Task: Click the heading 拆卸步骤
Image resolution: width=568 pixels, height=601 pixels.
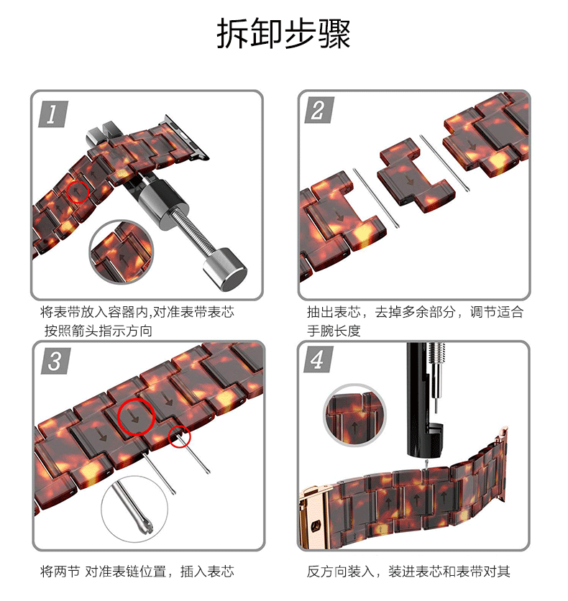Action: click(283, 35)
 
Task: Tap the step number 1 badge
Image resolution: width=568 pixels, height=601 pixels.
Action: click(51, 113)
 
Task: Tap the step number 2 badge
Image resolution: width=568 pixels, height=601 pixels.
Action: click(318, 112)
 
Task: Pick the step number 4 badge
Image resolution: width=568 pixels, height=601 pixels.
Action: click(318, 359)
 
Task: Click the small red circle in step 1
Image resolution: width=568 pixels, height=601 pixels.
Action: click(78, 191)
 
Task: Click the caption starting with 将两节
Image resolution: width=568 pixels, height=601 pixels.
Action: click(137, 572)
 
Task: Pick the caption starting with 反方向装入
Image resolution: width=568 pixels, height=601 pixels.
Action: click(408, 572)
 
